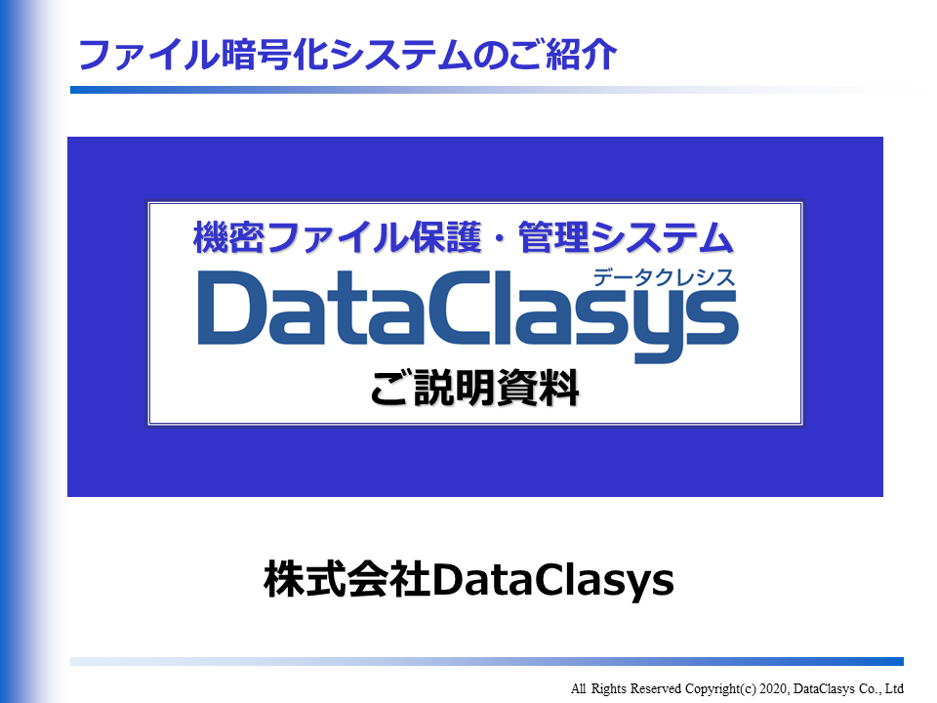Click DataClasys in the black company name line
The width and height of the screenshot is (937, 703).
point(552,579)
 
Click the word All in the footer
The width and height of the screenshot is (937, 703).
point(580,688)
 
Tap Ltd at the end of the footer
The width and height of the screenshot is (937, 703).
point(894,688)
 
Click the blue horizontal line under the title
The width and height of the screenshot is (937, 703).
point(488,90)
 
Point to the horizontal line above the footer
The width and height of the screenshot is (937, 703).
point(488,661)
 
